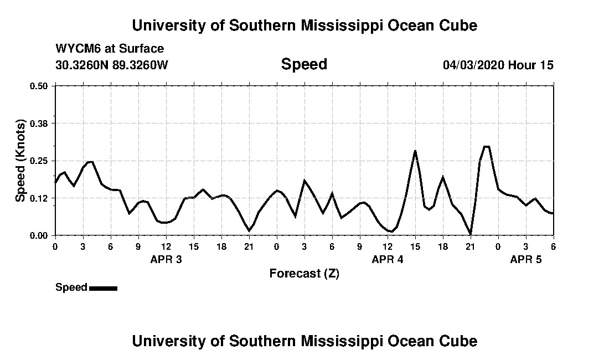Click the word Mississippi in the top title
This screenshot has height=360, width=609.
pyautogui.click(x=340, y=25)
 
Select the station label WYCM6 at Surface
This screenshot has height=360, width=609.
pyautogui.click(x=110, y=49)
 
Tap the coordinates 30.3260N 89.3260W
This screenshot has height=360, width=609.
pyautogui.click(x=111, y=65)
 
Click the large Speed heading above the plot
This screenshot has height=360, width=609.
pyautogui.click(x=304, y=64)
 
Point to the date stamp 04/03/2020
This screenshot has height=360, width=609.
pyautogui.click(x=473, y=65)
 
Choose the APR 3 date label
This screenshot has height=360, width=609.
pyautogui.click(x=166, y=259)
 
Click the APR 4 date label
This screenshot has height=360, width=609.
pyautogui.click(x=388, y=259)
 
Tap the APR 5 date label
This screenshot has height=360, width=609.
pyautogui.click(x=526, y=259)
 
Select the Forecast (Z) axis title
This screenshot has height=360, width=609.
pyautogui.click(x=304, y=273)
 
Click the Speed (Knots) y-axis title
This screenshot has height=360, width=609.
pyautogui.click(x=20, y=161)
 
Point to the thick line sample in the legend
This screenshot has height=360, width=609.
pyautogui.click(x=103, y=288)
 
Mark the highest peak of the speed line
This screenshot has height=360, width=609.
pyautogui.click(x=487, y=146)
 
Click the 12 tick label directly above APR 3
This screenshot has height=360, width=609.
pyautogui.click(x=166, y=247)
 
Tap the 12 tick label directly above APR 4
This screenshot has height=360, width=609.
pyautogui.click(x=388, y=247)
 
